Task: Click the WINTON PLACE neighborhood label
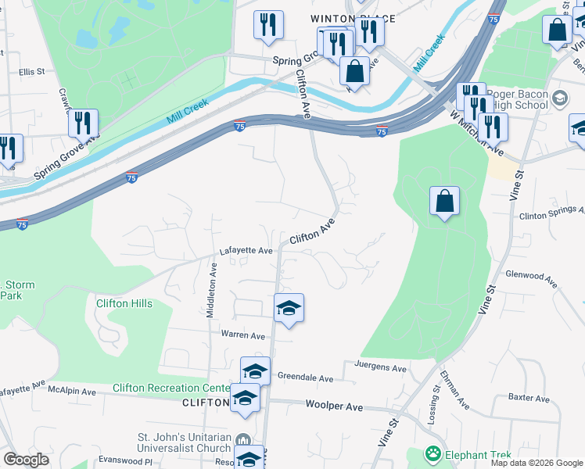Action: [x=352, y=18]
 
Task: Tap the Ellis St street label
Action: [x=32, y=71]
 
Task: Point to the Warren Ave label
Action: [x=244, y=335]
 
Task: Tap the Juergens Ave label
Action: [x=381, y=367]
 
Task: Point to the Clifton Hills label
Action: [x=124, y=303]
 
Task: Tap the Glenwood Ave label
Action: [x=530, y=275]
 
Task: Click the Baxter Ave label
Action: [x=529, y=397]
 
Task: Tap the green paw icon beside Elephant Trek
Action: [x=432, y=453]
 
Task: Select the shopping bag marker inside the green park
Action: [x=444, y=202]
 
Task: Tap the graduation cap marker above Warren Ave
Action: [x=289, y=308]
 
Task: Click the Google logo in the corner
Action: [x=26, y=460]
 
